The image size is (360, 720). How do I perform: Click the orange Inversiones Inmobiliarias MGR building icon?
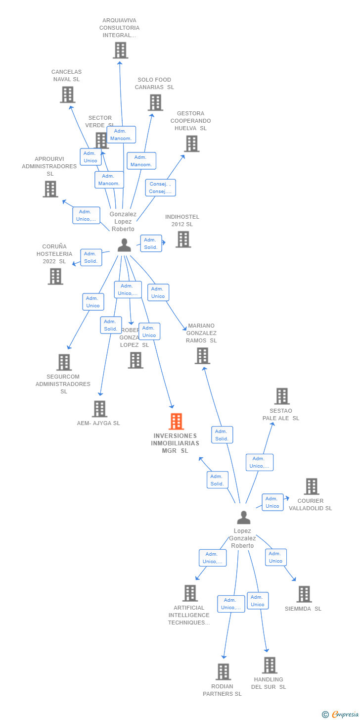(x=176, y=422)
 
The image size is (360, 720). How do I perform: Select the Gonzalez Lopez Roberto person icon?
(x=124, y=245)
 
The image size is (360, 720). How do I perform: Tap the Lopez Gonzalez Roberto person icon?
(x=243, y=518)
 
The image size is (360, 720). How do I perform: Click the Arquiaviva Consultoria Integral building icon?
(x=120, y=50)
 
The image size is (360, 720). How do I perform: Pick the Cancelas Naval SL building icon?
(x=67, y=95)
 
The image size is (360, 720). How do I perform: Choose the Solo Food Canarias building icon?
(x=155, y=102)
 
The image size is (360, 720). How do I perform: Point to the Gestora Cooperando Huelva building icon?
(x=191, y=144)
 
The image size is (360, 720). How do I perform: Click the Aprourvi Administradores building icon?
(x=50, y=189)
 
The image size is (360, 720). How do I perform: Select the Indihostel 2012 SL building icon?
(x=183, y=240)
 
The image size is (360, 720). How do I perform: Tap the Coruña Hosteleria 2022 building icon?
(x=55, y=277)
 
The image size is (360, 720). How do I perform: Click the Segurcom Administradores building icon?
(x=64, y=362)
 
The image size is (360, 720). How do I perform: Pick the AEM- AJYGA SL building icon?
(x=99, y=409)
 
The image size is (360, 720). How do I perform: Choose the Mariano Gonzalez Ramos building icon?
(x=202, y=356)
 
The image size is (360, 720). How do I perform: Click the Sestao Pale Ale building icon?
(x=282, y=396)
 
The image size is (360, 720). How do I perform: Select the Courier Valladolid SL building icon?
(x=311, y=486)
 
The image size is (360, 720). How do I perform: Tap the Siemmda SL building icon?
(x=304, y=594)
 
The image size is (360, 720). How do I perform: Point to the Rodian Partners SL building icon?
(x=223, y=672)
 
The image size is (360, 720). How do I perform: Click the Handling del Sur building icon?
(x=269, y=666)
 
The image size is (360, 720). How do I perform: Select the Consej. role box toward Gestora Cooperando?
(x=160, y=188)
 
